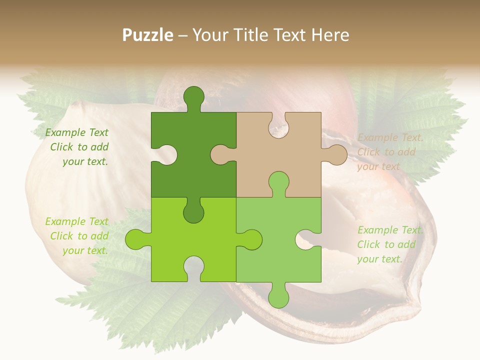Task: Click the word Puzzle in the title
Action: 148,35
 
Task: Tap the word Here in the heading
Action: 330,35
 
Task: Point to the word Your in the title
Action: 209,35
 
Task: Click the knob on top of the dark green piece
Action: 194,97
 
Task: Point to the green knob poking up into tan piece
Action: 278,182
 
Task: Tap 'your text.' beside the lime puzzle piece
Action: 85,250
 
